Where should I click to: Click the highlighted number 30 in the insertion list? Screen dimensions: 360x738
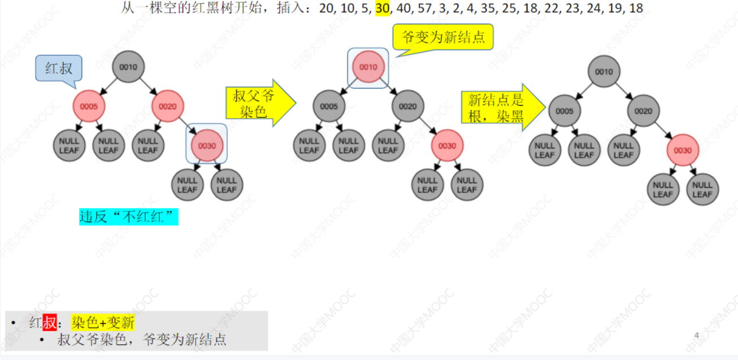tap(382, 8)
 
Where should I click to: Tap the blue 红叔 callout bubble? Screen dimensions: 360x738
tap(59, 68)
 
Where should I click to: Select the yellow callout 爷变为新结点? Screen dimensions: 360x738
tap(442, 38)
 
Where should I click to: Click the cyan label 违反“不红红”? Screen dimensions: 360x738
tap(128, 216)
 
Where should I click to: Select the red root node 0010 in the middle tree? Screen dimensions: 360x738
tap(368, 67)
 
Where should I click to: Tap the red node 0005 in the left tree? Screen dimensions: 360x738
tap(89, 106)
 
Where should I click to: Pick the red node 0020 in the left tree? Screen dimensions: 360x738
tap(168, 106)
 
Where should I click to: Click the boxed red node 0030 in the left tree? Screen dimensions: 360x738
tap(207, 145)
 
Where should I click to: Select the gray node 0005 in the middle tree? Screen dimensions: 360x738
tap(329, 106)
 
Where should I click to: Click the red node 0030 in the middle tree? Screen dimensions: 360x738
tap(447, 145)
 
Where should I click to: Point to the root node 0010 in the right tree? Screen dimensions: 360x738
tap(604, 72)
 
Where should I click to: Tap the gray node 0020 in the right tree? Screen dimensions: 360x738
tap(643, 111)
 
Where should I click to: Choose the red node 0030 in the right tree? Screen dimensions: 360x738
tap(683, 150)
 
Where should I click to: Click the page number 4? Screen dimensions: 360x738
tap(697, 336)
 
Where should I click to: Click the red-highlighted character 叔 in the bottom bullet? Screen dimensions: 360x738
tap(50, 323)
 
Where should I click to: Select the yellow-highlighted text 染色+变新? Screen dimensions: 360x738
tap(103, 323)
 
